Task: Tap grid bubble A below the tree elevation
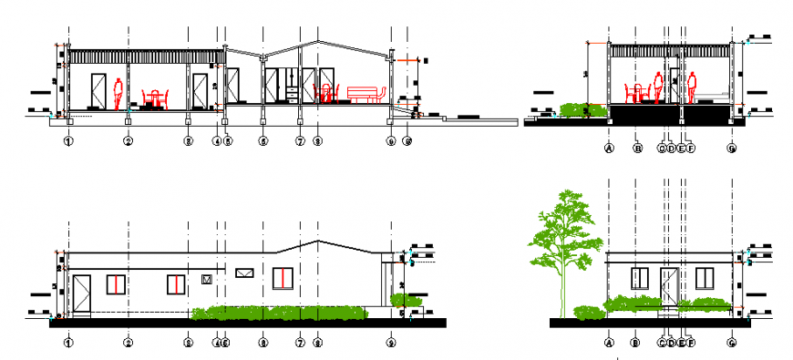[x=608, y=344]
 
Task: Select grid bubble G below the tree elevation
[x=732, y=344]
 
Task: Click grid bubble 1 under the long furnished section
[x=68, y=141]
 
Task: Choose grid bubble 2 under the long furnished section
[x=129, y=141]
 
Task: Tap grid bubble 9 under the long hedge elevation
[x=391, y=344]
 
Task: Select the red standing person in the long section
[x=118, y=93]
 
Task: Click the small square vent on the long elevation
[x=207, y=279]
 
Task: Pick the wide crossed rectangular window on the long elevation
[x=244, y=273]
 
